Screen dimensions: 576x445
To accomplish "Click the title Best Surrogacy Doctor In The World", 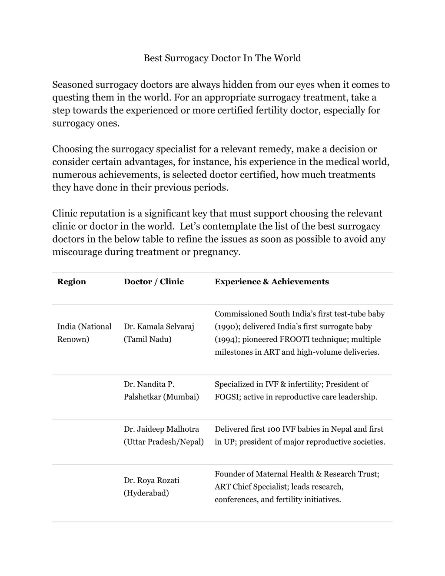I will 222,58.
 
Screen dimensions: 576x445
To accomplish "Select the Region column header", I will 72,282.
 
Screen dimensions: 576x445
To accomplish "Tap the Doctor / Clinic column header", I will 154,282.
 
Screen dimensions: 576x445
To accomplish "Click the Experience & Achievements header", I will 272,282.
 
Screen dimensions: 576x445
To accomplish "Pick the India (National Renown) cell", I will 84,333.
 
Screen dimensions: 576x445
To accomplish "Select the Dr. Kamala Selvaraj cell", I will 159,333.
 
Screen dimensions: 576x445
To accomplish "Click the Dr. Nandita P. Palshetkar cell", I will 161,390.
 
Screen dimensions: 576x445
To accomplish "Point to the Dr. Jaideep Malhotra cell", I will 163,435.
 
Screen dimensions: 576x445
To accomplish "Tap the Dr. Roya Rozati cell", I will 151,486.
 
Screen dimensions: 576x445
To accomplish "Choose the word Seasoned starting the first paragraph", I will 72,85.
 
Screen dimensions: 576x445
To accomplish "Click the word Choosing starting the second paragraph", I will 72,149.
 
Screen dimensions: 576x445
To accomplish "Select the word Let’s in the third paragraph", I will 189,226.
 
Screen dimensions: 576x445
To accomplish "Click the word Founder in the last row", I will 228,474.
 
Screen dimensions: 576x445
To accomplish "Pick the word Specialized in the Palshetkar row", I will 234,384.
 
